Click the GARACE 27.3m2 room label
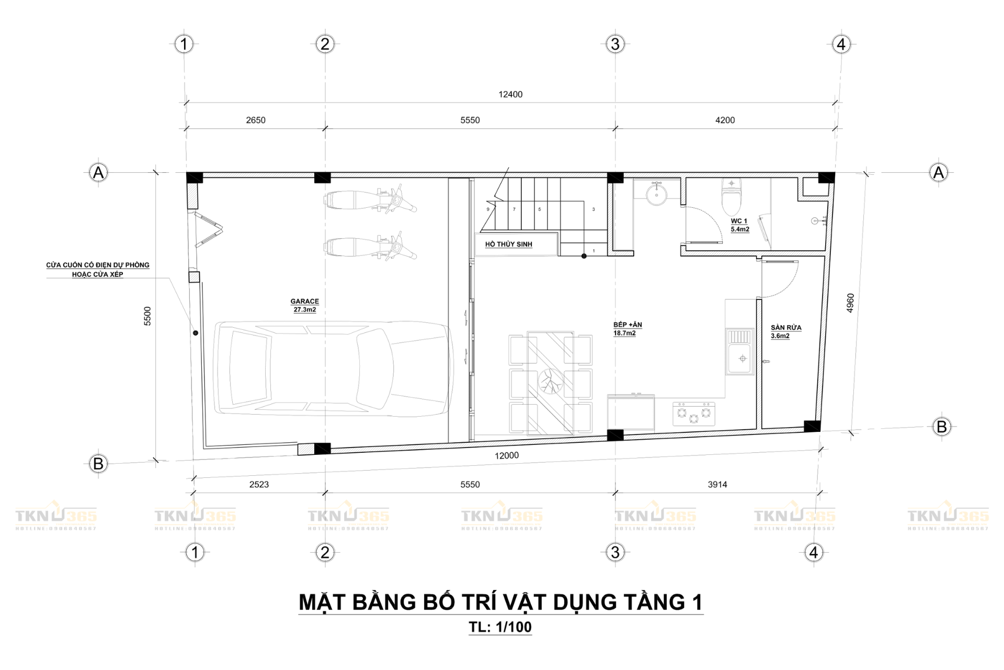point(304,305)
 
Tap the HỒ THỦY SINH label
point(508,244)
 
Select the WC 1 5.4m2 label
point(739,225)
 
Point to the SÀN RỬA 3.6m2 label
point(785,331)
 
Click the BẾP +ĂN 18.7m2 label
point(627,329)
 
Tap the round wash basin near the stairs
point(656,195)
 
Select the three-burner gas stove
point(693,413)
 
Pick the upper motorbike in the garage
point(370,199)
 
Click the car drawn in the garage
point(333,368)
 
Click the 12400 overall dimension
point(510,95)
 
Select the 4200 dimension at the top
point(725,120)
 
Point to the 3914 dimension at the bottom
point(717,485)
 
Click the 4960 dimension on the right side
point(850,303)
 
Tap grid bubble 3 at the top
point(615,44)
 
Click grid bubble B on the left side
point(98,464)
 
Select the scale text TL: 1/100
point(500,627)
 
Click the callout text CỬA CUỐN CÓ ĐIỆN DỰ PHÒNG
point(98,265)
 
